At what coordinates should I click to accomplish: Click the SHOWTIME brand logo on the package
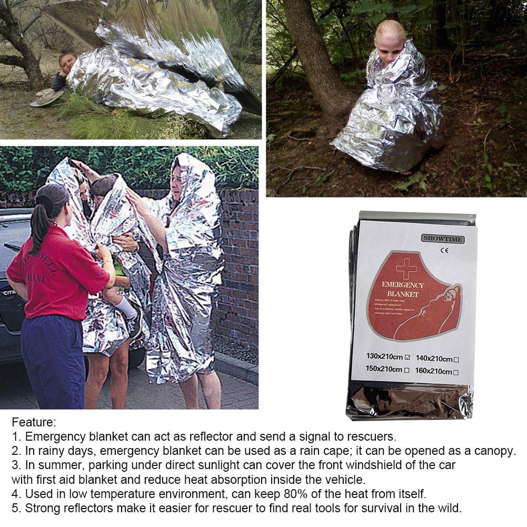click(x=443, y=239)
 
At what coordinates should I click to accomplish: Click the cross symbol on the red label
click(x=406, y=270)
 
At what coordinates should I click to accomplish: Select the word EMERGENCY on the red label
click(x=403, y=285)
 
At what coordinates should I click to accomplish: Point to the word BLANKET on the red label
click(x=402, y=294)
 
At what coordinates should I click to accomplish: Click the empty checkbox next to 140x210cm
click(x=456, y=360)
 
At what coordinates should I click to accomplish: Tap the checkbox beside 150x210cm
click(x=407, y=370)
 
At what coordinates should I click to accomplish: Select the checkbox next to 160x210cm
click(x=456, y=372)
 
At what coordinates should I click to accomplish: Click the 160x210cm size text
click(x=433, y=371)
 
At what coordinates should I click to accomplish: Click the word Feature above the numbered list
click(x=34, y=422)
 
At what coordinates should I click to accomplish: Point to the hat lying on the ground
click(x=46, y=97)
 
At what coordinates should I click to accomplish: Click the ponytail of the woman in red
click(x=38, y=221)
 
